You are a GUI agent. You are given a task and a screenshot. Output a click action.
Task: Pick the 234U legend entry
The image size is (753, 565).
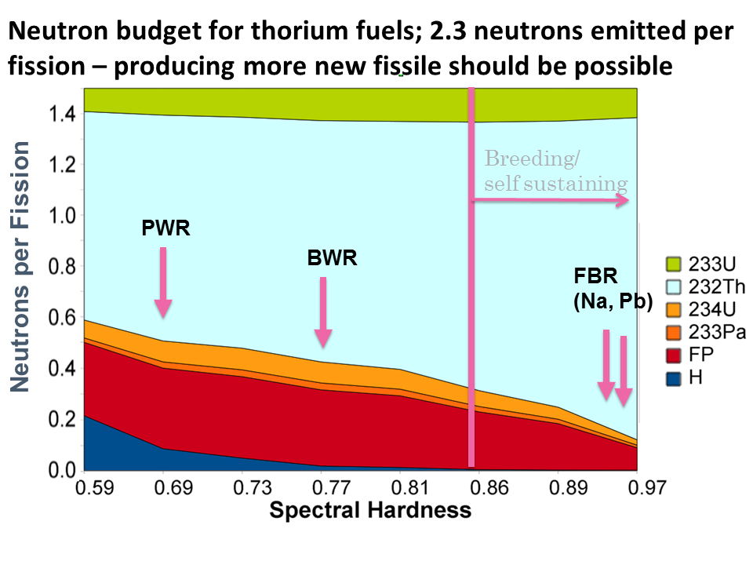coord(697,310)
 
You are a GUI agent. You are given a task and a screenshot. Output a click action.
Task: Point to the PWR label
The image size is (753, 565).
coord(166,228)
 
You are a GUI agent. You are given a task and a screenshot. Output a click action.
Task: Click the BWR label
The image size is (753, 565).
coord(332,257)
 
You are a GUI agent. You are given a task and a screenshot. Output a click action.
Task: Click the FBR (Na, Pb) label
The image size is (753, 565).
coord(612,288)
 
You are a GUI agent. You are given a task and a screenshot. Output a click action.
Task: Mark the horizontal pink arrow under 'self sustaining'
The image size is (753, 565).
coord(552,201)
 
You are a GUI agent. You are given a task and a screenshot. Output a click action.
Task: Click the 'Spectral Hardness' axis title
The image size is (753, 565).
coord(370,511)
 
